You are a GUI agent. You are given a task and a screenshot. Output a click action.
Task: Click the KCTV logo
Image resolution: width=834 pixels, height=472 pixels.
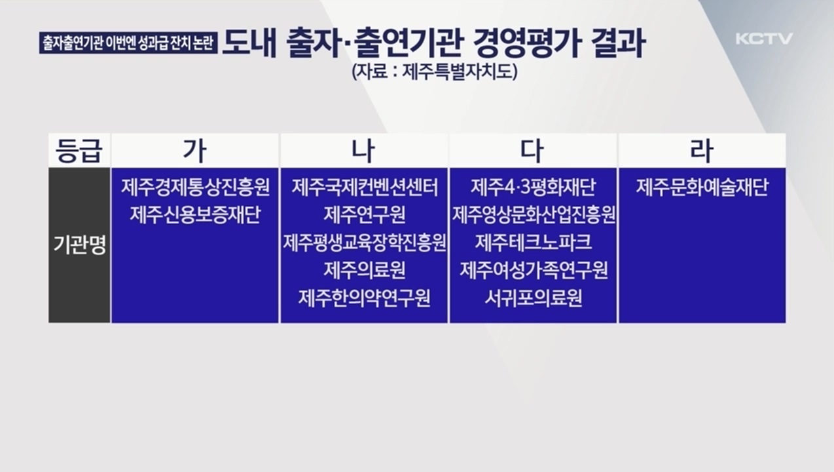763,39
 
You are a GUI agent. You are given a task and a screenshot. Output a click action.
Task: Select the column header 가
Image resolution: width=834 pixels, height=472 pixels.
195,151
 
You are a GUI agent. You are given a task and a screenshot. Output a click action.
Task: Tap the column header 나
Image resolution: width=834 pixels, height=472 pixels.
364,151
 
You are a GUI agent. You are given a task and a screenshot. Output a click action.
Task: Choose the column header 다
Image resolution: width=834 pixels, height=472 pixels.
532,151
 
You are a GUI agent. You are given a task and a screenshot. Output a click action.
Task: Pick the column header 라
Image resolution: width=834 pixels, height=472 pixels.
701,151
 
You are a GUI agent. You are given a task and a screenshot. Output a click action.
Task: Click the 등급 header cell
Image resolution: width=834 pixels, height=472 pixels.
79,151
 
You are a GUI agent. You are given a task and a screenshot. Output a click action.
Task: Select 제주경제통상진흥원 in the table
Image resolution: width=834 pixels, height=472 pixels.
195,187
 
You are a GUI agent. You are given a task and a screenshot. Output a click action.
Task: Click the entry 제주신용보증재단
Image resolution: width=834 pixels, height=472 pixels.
195,214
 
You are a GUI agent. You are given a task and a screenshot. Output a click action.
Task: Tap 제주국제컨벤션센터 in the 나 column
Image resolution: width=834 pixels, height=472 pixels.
365,187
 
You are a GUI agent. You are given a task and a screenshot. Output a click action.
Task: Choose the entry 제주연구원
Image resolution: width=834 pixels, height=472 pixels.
365,214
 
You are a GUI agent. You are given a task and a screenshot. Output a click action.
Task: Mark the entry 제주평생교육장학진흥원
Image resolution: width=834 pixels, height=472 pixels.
365,243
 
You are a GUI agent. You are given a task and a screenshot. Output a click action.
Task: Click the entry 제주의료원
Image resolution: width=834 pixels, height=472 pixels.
365,270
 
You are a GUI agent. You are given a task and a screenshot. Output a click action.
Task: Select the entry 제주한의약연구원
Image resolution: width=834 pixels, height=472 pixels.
365,298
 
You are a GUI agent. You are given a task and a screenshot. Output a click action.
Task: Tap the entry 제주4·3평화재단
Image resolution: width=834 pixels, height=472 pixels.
533,187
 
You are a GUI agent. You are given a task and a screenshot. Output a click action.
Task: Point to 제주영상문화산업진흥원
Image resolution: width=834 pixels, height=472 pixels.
533,214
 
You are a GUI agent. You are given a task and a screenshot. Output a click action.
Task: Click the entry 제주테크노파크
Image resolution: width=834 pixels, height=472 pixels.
533,243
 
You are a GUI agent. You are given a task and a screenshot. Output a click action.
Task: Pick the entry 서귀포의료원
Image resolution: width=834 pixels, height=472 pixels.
533,298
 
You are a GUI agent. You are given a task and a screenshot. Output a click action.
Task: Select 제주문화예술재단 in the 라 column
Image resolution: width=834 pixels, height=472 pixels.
702,187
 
